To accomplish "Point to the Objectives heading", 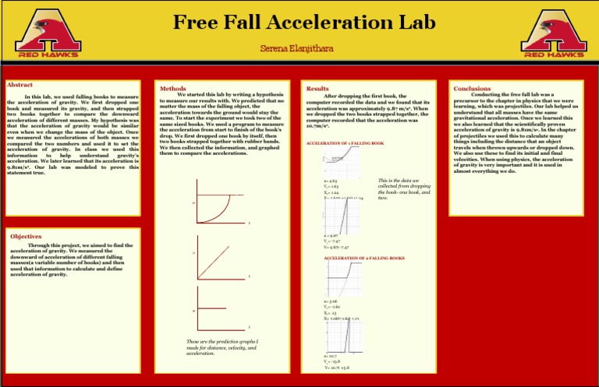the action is click(26, 236).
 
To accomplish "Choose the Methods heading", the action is click(172, 89).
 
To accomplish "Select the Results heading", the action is click(317, 89).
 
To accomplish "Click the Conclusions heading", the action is click(472, 89).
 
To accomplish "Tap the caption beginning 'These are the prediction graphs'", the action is click(222, 347).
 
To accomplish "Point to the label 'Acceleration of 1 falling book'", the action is click(346, 144).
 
